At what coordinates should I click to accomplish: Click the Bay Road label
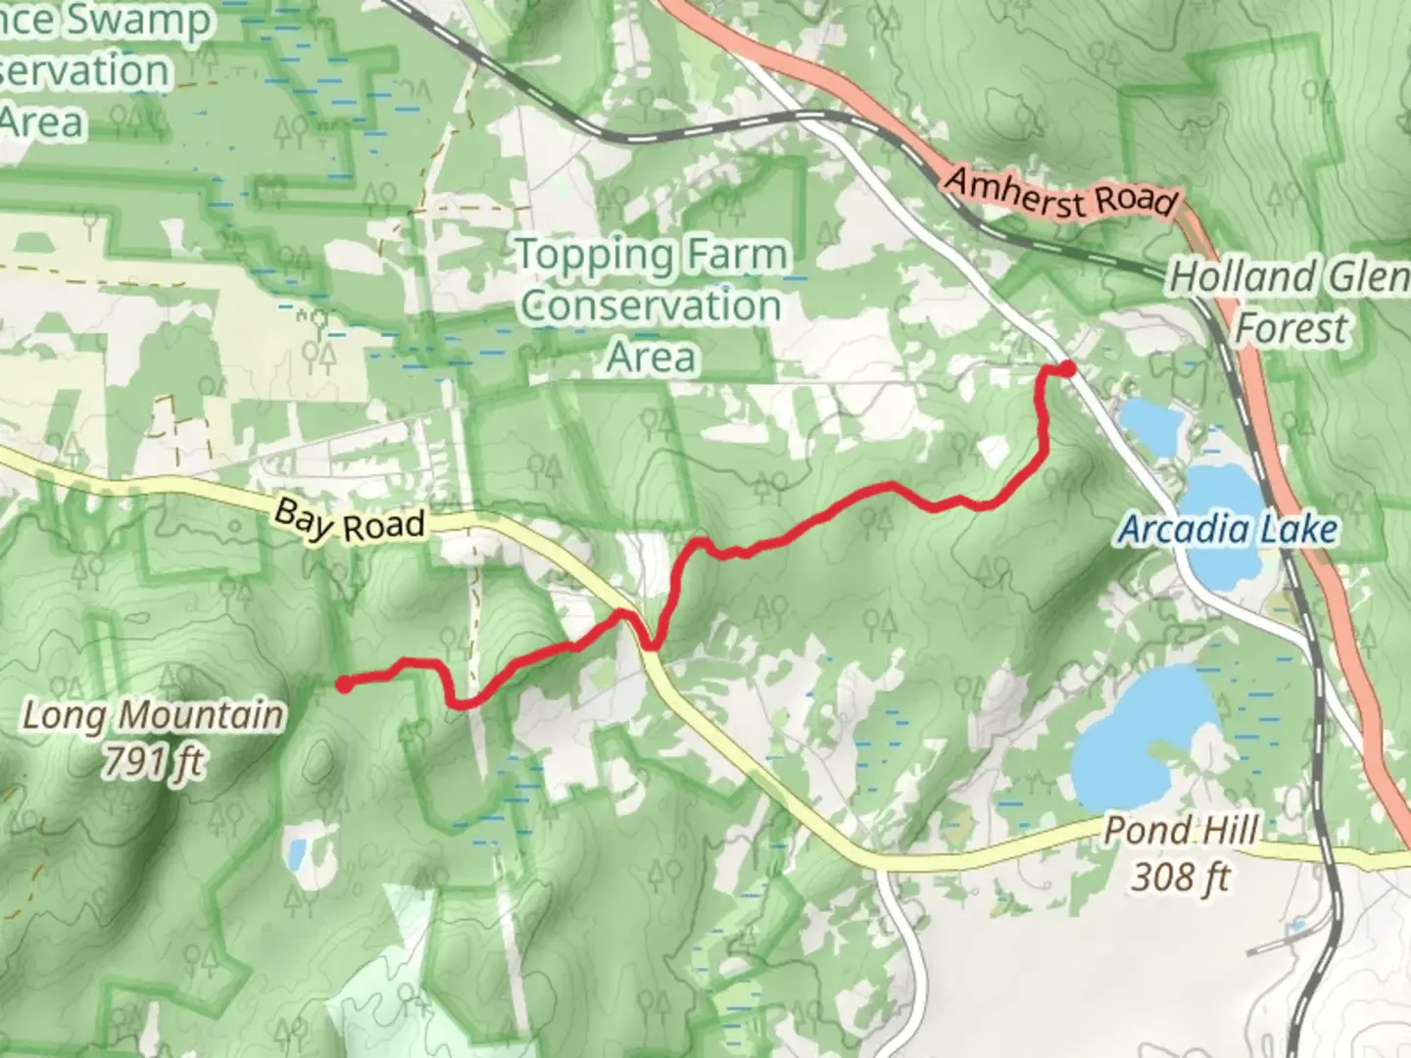pos(349,521)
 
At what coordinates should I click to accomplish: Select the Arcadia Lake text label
pos(1228,530)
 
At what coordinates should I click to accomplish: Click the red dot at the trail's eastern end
pos(1067,368)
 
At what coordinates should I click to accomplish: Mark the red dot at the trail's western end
pos(345,684)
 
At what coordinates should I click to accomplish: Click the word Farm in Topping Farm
pos(738,255)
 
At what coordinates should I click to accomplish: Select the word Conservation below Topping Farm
pos(651,306)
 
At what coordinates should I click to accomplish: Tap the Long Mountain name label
pos(153,715)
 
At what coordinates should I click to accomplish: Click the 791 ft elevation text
pos(153,761)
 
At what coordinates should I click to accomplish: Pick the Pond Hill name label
pos(1181,831)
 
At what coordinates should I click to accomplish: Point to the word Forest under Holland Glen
pos(1290,327)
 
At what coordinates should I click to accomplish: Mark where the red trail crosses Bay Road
pos(637,627)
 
